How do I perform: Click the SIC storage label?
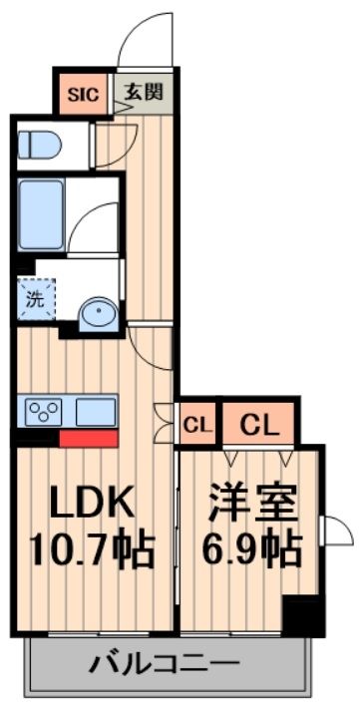coord(83,96)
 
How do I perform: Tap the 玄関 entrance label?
coord(144,95)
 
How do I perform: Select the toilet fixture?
coord(40,145)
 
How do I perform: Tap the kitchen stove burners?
coord(46,410)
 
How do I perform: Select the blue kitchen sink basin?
coord(95,410)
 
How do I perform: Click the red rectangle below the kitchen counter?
coord(88,437)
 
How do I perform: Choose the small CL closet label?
coord(197,425)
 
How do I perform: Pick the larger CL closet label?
coord(258,425)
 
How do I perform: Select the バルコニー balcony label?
coord(165,663)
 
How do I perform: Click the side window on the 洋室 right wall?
coord(335,531)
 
